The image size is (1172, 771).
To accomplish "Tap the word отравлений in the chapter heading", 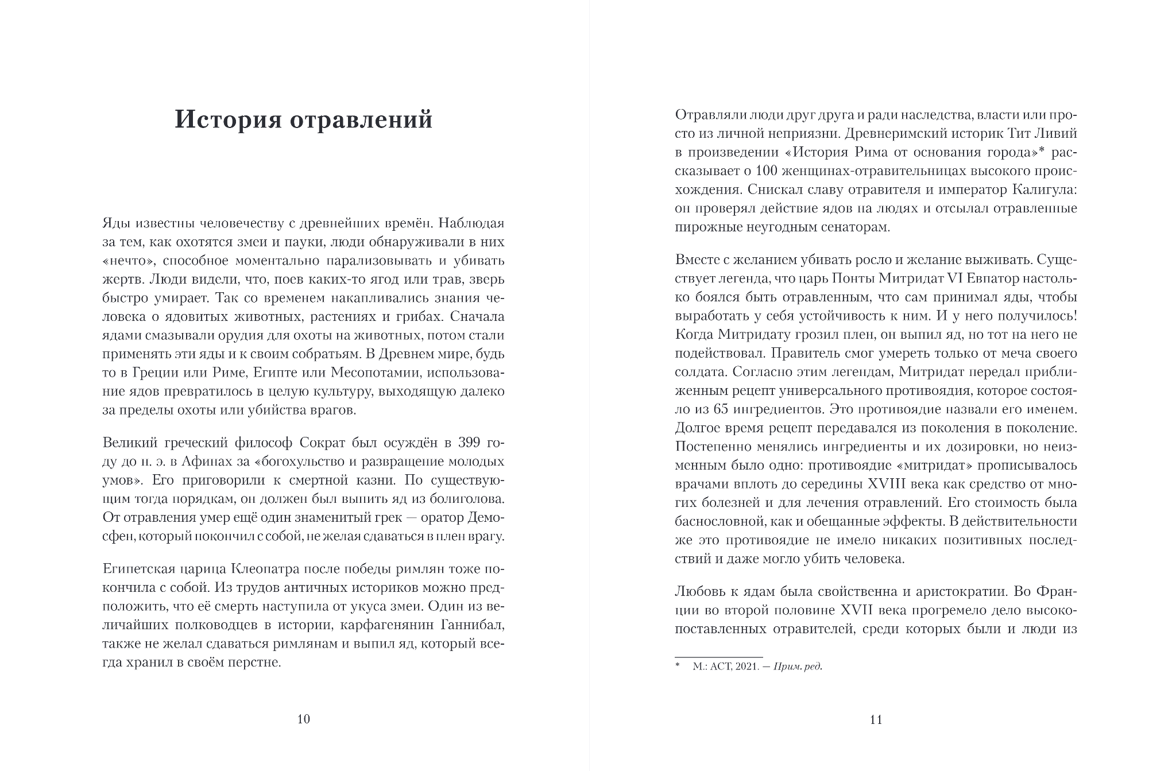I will pyautogui.click(x=361, y=120).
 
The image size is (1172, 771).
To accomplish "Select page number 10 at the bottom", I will pyautogui.click(x=304, y=719).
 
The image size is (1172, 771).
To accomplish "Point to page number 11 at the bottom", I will pyautogui.click(x=876, y=719).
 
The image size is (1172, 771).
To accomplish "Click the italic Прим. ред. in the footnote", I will pyautogui.click(x=798, y=667).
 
